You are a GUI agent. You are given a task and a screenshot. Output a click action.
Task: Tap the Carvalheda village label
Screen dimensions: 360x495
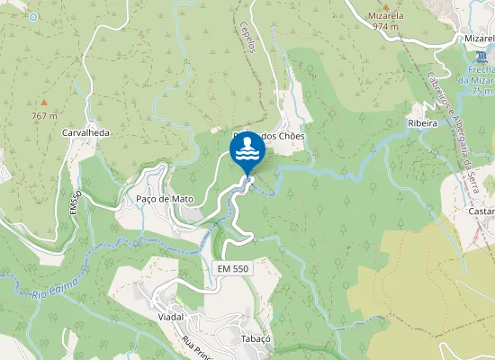[85, 132]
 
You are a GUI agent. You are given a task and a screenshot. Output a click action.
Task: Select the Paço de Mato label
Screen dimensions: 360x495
[165, 198]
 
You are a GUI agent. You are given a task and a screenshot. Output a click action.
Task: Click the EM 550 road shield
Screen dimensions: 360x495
[232, 269]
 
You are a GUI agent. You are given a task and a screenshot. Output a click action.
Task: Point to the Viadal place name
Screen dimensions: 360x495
[171, 317]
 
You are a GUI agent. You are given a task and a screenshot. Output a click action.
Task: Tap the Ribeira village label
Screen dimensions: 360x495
[422, 122]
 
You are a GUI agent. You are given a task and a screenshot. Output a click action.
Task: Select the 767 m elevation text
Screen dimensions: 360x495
[44, 116]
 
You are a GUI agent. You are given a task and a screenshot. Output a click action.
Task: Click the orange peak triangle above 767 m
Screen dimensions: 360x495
[43, 103]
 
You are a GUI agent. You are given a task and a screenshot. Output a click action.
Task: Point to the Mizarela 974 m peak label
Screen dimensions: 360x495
[387, 21]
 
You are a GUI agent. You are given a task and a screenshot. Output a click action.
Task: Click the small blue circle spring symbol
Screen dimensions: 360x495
[33, 16]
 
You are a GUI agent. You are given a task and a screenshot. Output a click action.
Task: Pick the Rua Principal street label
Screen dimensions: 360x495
[195, 346]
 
